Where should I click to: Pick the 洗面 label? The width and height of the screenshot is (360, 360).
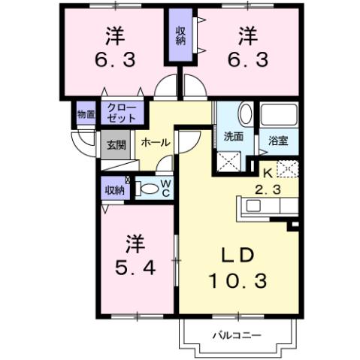[x=233, y=138]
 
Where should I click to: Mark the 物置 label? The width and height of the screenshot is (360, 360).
[x=86, y=115]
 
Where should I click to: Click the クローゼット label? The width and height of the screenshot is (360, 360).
[x=121, y=113]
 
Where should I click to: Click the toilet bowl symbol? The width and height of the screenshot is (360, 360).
[x=148, y=189]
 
